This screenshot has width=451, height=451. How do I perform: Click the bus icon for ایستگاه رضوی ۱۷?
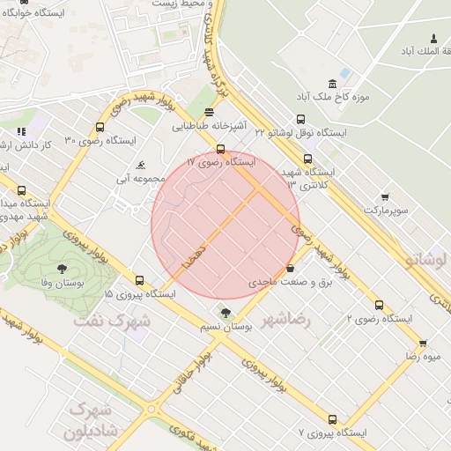(x=220, y=149)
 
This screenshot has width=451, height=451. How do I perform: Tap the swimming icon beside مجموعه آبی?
(x=141, y=165)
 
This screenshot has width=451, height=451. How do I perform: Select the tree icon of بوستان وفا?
(x=61, y=269)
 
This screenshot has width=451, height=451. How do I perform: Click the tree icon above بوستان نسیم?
(x=225, y=313)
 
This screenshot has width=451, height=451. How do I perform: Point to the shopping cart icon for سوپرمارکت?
(x=385, y=197)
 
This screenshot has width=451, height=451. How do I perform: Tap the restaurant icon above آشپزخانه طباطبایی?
(x=209, y=112)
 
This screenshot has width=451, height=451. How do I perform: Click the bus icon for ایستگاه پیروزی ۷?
(x=332, y=419)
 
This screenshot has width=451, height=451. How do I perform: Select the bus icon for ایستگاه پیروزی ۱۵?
(x=139, y=280)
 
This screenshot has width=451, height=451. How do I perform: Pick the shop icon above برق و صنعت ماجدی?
(x=291, y=269)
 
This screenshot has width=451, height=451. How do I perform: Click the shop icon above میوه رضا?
(x=423, y=343)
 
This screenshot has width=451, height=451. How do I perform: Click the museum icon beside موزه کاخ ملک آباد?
(x=345, y=73)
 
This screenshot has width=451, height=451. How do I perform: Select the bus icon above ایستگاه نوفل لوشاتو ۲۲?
(x=301, y=119)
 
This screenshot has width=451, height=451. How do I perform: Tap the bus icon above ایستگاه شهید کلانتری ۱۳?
(x=307, y=159)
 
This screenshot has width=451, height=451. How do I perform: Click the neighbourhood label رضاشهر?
(x=292, y=319)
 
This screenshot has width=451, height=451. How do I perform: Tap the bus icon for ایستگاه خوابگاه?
(x=23, y=3)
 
